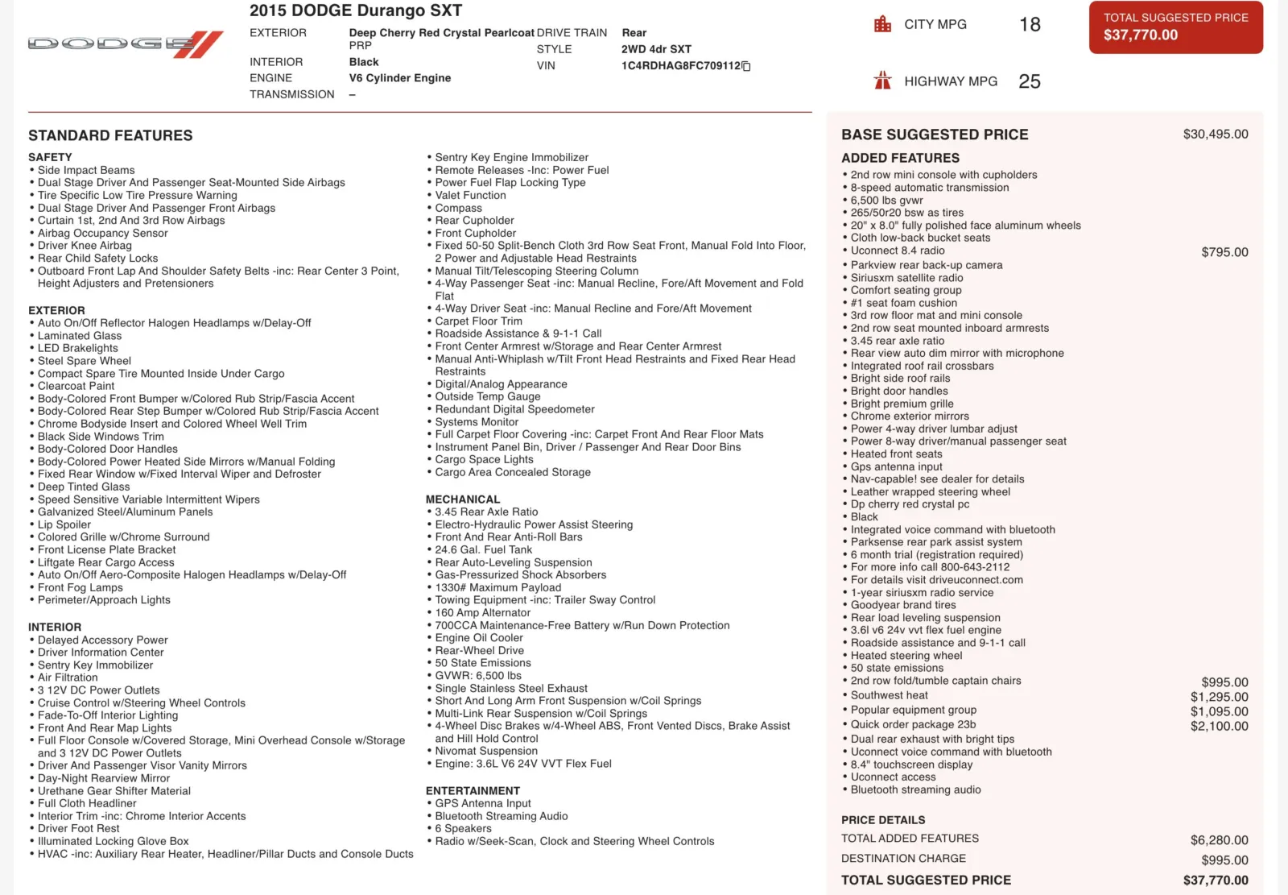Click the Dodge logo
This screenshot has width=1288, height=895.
click(x=126, y=44)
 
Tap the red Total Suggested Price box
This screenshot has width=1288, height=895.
click(x=1175, y=27)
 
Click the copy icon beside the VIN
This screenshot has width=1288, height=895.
click(x=746, y=66)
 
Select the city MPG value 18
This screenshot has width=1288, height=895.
click(x=1030, y=25)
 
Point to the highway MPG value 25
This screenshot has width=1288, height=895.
click(x=1029, y=81)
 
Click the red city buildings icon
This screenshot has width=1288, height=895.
click(x=882, y=24)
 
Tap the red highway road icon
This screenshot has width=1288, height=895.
click(x=882, y=81)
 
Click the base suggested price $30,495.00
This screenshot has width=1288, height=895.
click(x=1215, y=135)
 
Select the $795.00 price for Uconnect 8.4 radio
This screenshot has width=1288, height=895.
click(x=1224, y=252)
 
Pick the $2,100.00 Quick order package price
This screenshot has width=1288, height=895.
click(x=1219, y=726)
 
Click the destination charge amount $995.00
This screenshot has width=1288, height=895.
click(x=1224, y=860)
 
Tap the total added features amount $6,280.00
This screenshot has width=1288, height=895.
click(x=1219, y=840)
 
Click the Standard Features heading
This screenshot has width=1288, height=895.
click(x=110, y=135)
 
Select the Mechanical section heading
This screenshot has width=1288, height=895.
click(x=463, y=499)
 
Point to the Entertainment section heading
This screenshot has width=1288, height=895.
click(x=473, y=791)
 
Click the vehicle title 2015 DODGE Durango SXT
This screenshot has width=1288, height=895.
click(x=356, y=10)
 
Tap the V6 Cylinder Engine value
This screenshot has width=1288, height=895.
click(x=399, y=78)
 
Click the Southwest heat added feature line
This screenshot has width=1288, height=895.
click(x=889, y=695)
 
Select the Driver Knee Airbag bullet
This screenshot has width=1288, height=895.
click(x=85, y=246)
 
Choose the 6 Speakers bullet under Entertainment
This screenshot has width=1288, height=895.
click(x=463, y=828)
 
